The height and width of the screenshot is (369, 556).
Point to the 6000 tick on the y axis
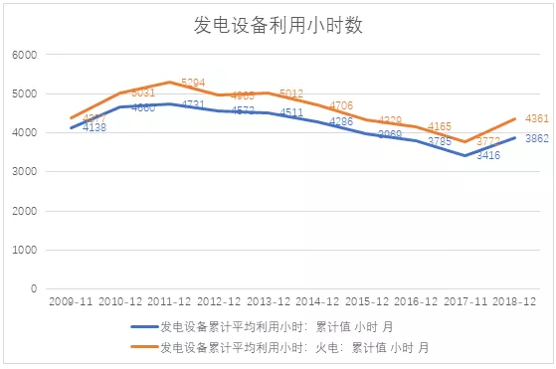24,55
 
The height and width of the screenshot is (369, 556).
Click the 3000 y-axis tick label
24,172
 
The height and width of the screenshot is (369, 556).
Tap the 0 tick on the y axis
34,289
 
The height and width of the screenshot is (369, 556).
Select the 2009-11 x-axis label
71,300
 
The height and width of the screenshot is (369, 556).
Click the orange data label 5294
193,83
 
